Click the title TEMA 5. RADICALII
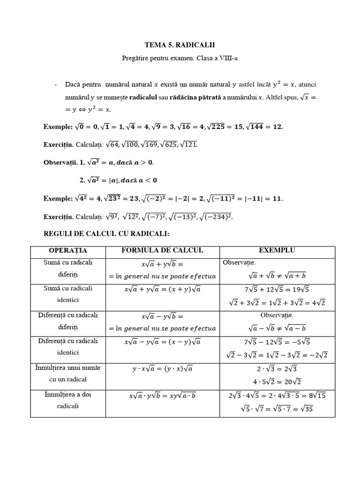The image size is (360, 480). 180,45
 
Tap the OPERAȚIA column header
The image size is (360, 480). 68,251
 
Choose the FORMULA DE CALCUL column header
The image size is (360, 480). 162,251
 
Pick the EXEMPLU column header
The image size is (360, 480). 277,251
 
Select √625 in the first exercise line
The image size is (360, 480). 169,144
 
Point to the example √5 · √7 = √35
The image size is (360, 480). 277,408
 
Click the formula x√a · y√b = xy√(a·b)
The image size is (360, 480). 162,396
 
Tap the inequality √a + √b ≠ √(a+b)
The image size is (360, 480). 277,276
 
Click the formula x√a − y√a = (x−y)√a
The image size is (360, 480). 162,342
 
